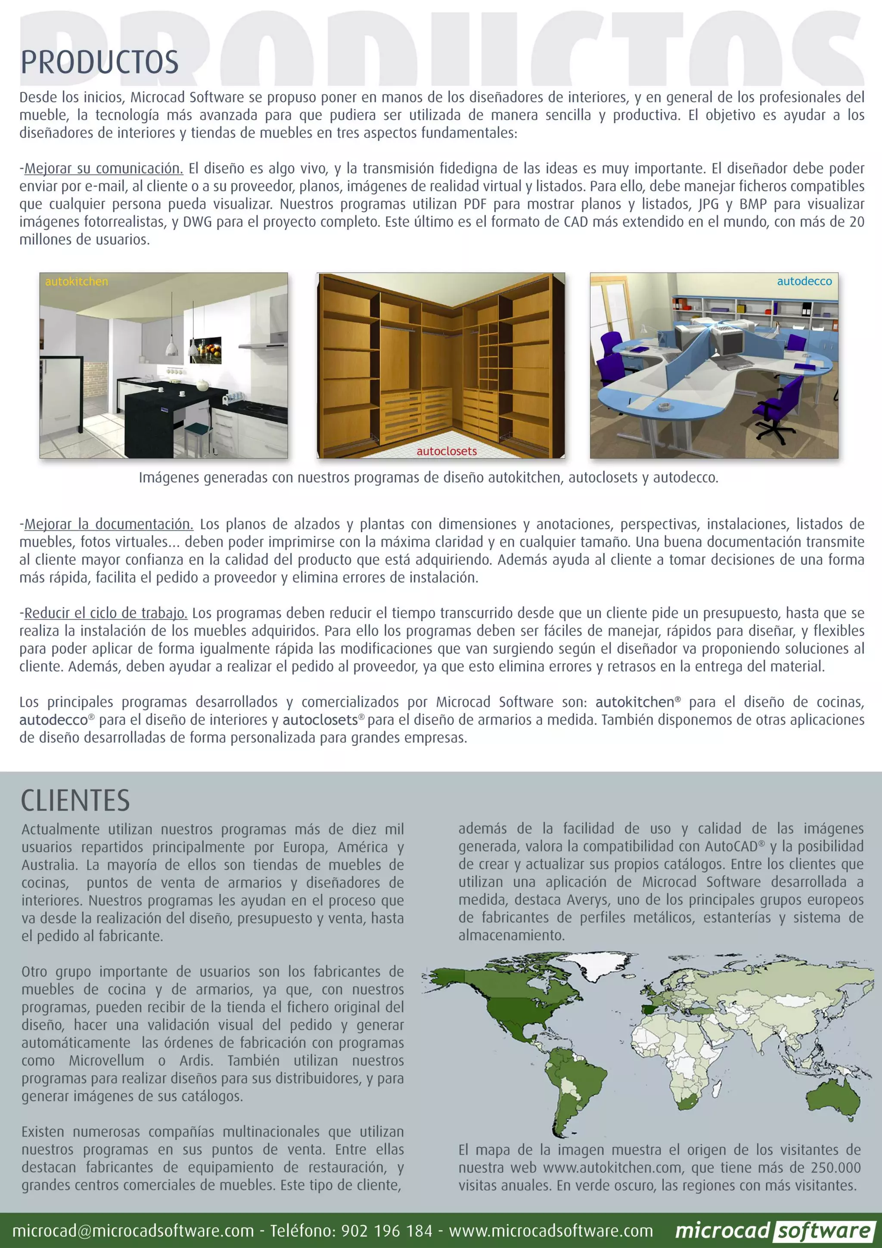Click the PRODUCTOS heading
click(x=99, y=62)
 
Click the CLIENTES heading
click(x=75, y=801)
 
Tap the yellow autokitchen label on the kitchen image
click(x=77, y=282)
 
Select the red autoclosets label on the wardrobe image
click(x=446, y=451)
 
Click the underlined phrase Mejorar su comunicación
click(x=103, y=168)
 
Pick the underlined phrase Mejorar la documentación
click(x=109, y=525)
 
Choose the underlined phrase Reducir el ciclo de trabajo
click(x=106, y=613)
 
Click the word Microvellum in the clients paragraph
click(x=106, y=1061)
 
